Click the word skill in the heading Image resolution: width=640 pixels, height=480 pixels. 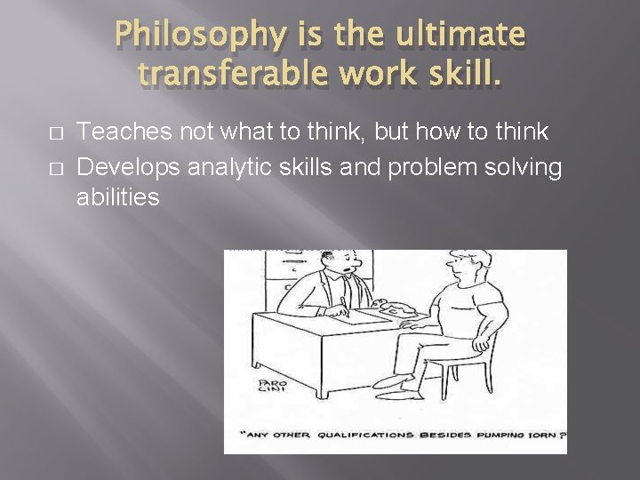tap(458, 77)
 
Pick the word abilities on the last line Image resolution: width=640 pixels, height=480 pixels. tap(118, 197)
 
